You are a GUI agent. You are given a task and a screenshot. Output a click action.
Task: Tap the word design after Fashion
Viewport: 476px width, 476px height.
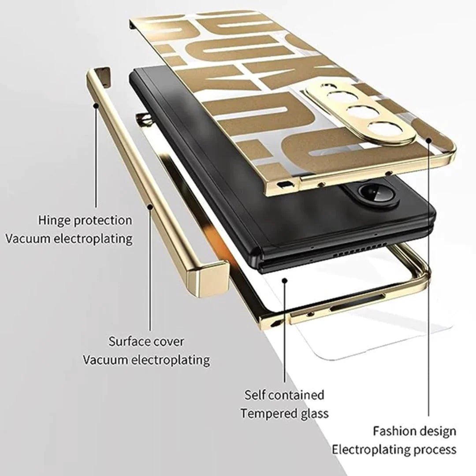click(x=437, y=431)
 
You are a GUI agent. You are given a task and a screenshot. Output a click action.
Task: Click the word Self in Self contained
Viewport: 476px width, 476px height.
click(x=255, y=394)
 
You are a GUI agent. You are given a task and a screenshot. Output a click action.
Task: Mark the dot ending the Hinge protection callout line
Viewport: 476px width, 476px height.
click(x=96, y=105)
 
